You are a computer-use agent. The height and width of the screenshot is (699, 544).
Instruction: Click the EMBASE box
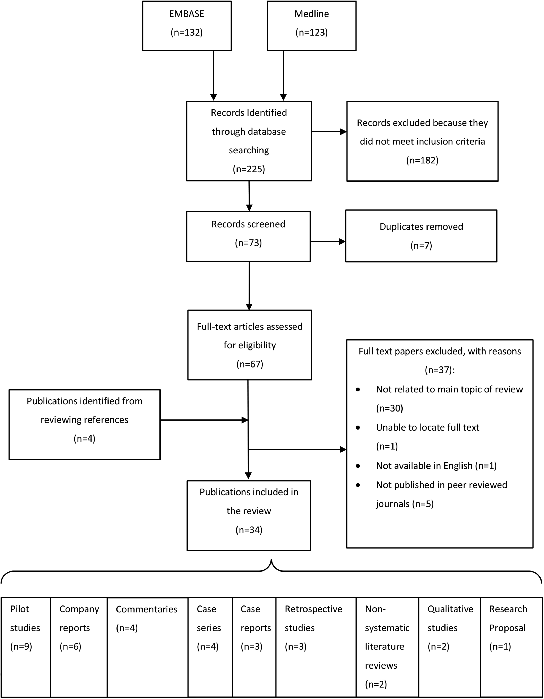pos(187,26)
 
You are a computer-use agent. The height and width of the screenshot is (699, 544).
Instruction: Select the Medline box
pos(312,26)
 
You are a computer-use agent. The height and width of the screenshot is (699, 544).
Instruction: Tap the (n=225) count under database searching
pos(249,169)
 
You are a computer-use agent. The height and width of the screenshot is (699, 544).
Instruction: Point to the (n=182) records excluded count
pos(422,160)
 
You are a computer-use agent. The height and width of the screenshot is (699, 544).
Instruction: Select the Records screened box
pos(249,236)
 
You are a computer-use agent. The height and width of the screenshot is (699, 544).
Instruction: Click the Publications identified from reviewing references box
pos(85,424)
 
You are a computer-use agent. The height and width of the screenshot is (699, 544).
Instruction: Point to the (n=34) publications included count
pos(249,530)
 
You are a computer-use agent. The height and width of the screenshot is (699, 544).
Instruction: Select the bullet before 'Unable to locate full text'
pos(358,428)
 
